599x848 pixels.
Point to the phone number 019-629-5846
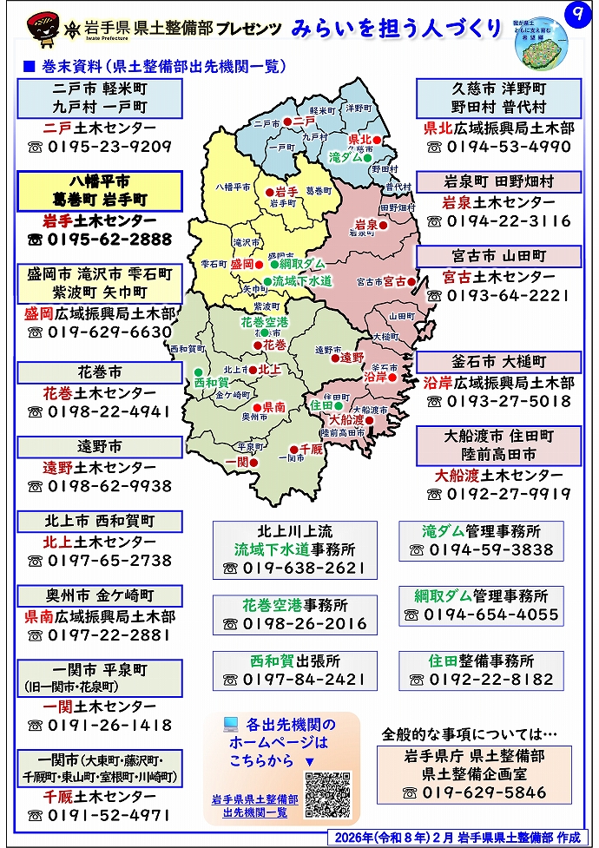485,792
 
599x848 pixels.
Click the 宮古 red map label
396,281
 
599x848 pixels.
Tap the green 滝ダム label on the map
347,158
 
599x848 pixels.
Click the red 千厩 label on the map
311,449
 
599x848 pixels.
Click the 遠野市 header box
100,447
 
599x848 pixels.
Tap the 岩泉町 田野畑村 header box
498,182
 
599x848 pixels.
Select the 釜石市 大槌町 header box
498,362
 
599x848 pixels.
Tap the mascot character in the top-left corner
37,27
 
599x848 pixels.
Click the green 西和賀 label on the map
211,382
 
